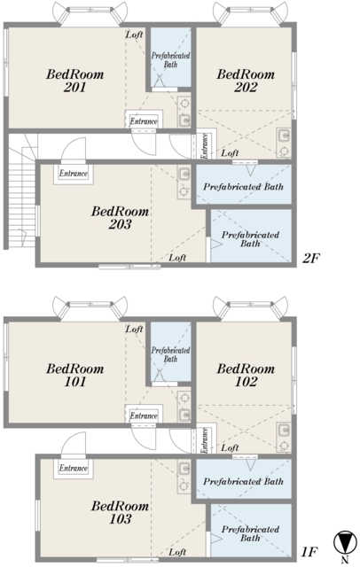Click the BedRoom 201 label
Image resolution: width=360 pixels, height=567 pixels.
[x=74, y=81]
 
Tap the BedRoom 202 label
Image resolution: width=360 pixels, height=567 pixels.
[x=246, y=81]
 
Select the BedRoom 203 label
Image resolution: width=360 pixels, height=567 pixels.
[x=120, y=218]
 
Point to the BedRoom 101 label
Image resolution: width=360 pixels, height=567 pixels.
[x=74, y=375]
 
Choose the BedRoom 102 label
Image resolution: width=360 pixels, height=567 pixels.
[x=246, y=375]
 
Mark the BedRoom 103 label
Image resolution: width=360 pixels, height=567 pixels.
[x=120, y=512]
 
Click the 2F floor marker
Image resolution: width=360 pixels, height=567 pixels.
[x=311, y=258]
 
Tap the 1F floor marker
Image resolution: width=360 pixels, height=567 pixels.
[x=309, y=552]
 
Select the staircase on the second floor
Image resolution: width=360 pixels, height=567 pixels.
[x=21, y=191]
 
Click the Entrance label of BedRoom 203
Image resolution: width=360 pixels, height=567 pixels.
[x=74, y=174]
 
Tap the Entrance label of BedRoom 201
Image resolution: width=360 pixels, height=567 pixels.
[x=144, y=121]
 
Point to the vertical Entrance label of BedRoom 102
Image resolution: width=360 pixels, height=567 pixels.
[x=205, y=440]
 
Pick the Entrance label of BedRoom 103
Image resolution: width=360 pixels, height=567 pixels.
[x=74, y=469]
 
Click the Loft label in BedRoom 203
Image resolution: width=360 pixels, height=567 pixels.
[x=177, y=258]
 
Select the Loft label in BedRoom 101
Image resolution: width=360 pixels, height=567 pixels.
[x=134, y=329]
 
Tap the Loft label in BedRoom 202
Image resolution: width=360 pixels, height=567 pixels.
[x=230, y=153]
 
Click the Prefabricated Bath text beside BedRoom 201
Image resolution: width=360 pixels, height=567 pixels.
[x=170, y=60]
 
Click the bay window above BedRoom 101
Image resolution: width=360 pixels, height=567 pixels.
[x=90, y=308]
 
